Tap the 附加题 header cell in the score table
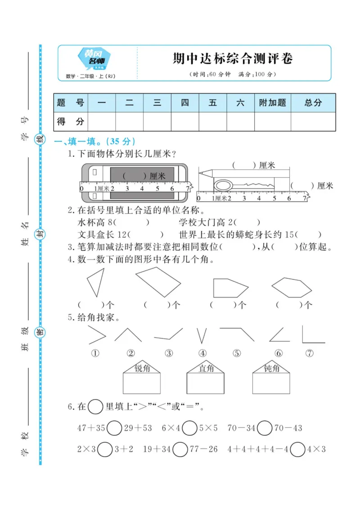click(272, 103)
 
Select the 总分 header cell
click(313, 103)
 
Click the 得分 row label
click(71, 122)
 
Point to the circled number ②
click(131, 353)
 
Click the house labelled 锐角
click(142, 378)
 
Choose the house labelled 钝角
click(271, 378)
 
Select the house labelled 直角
click(206, 378)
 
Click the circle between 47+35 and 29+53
click(114, 428)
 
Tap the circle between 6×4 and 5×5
click(190, 428)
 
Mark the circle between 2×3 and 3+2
click(105, 449)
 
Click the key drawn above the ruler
click(243, 185)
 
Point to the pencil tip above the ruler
click(201, 172)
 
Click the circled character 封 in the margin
click(40, 234)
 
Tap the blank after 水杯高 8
click(133, 222)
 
